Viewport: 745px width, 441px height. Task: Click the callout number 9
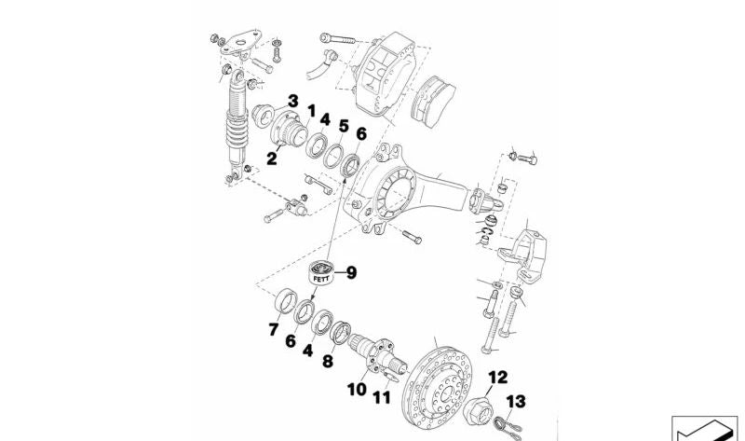(x=351, y=272)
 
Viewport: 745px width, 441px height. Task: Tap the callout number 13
(x=515, y=401)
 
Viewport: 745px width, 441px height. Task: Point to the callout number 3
(x=292, y=101)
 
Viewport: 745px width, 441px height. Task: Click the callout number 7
(x=274, y=329)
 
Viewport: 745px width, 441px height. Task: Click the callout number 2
(x=272, y=158)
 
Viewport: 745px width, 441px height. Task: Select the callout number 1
(x=311, y=110)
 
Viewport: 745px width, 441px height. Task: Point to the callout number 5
(x=343, y=125)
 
